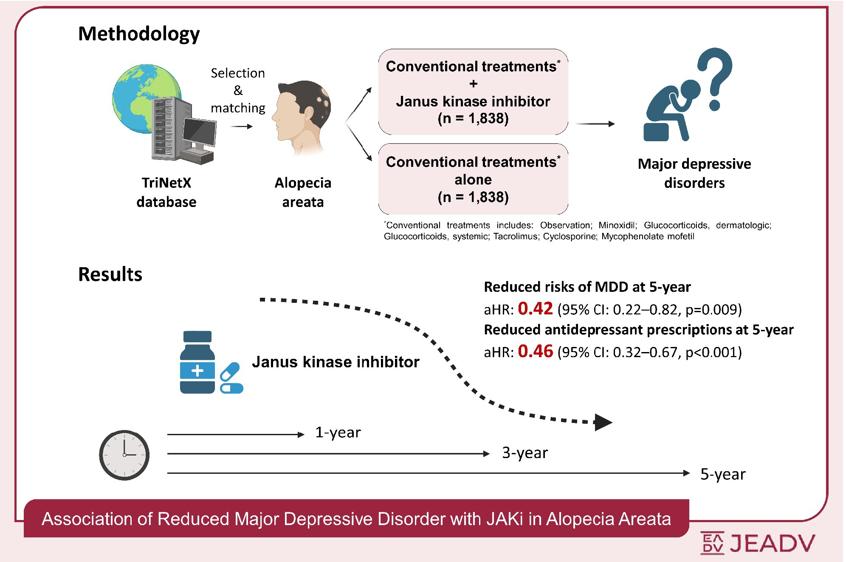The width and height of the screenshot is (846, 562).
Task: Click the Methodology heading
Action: [x=139, y=34]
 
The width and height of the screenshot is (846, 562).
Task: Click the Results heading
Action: [x=110, y=274]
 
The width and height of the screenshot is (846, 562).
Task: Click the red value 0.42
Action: [x=535, y=308]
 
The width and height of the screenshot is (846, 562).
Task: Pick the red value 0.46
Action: [x=535, y=351]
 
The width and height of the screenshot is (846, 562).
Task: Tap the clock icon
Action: [x=124, y=455]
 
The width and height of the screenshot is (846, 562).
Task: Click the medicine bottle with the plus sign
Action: [x=197, y=362]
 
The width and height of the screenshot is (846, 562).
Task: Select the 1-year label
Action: [x=338, y=432]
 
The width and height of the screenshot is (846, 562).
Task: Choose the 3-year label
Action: [x=525, y=453]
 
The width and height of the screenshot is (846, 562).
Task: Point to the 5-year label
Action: [x=723, y=474]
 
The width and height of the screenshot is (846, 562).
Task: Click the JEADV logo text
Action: [x=773, y=543]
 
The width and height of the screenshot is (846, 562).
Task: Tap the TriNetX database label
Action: [x=166, y=192]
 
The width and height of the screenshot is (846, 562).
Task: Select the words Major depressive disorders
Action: [x=694, y=173]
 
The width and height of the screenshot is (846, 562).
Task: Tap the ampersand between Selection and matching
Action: [x=238, y=90]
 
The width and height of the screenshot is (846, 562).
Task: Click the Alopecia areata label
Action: [x=303, y=192]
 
